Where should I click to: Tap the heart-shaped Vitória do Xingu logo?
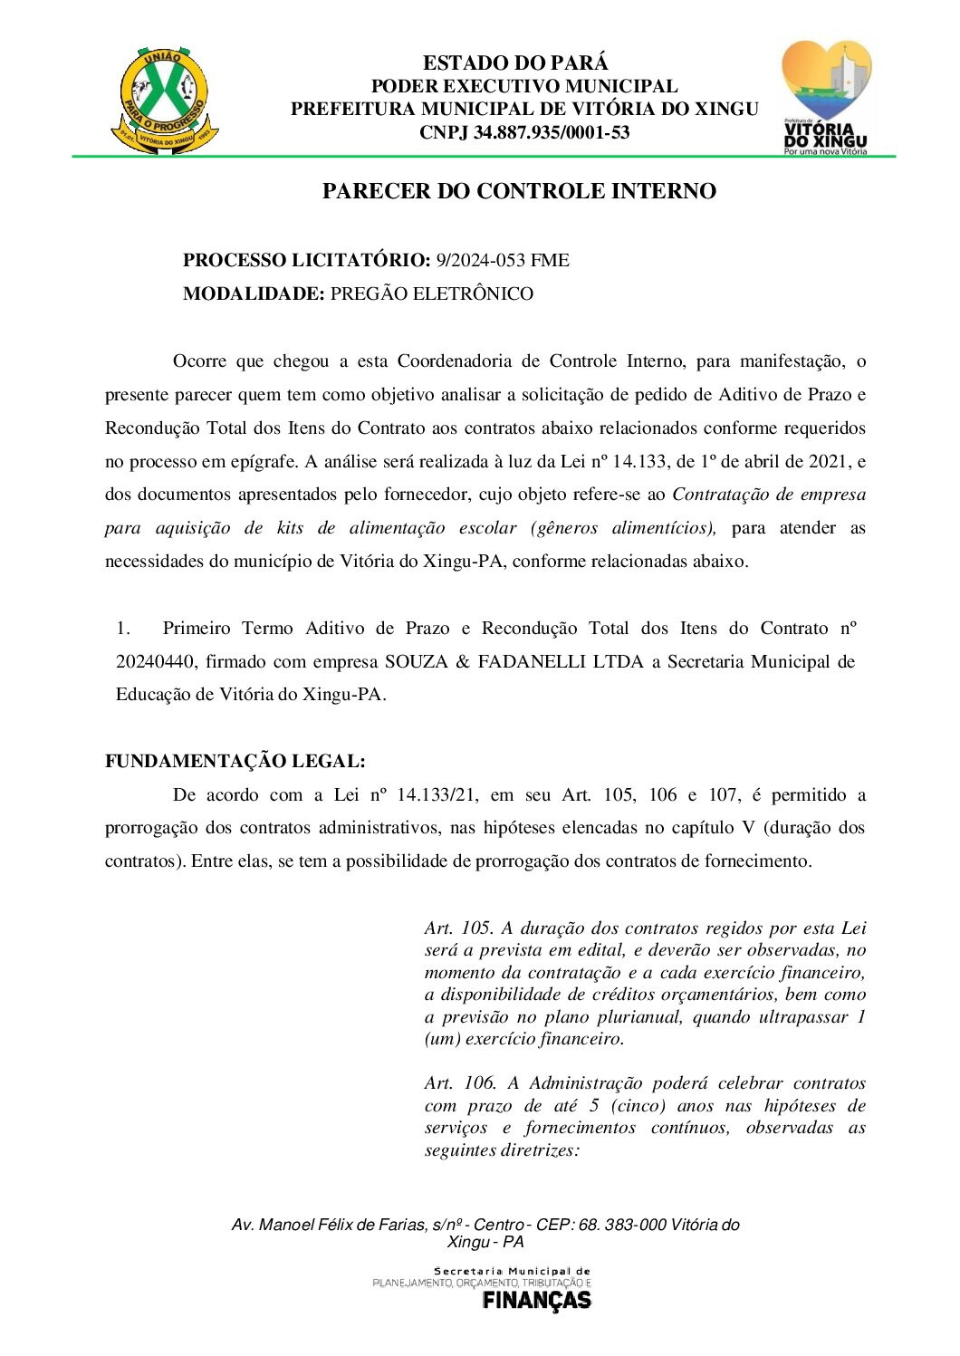(x=825, y=96)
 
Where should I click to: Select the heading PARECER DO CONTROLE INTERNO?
(x=519, y=191)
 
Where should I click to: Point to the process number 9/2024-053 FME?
(x=503, y=261)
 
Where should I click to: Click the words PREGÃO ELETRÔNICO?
(x=432, y=294)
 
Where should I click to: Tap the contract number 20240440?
(x=156, y=662)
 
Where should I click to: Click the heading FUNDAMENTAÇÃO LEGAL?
(x=235, y=762)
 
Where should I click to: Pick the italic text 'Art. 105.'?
(x=458, y=928)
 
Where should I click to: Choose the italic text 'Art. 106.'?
(x=459, y=1083)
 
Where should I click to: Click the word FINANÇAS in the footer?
(x=536, y=1301)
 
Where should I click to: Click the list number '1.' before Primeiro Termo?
(x=124, y=629)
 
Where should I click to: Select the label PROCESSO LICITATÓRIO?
(x=306, y=261)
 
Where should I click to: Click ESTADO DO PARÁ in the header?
(x=515, y=63)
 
